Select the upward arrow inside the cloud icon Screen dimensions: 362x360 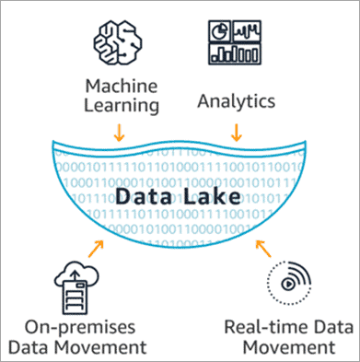pyautogui.click(x=73, y=274)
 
